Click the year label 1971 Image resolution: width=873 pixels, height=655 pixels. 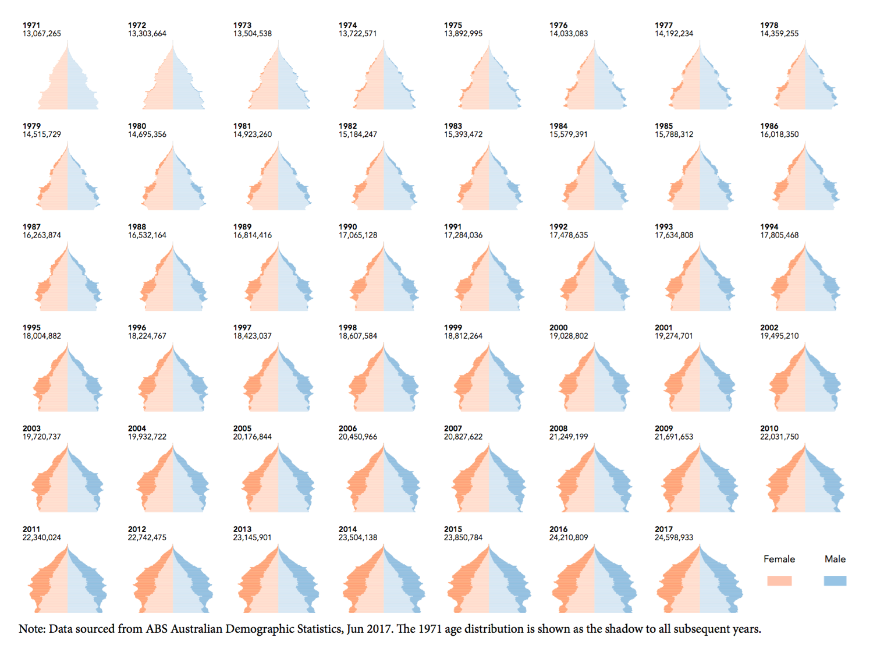31,25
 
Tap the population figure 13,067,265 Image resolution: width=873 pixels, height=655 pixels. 41,34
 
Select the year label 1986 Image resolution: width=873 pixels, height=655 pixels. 769,126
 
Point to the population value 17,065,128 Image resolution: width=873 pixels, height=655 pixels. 358,235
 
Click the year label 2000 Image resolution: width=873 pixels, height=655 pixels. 558,328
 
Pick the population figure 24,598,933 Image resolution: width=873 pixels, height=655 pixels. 674,537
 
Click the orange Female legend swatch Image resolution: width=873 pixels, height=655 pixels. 779,580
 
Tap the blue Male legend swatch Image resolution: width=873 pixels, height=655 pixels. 835,580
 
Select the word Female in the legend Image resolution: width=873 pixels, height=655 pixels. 779,559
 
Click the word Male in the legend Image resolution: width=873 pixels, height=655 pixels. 835,559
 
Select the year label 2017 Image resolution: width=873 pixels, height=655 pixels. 663,529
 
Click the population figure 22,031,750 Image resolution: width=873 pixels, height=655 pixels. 779,437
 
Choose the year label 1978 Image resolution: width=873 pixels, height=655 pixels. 769,25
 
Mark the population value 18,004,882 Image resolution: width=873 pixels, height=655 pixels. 41,336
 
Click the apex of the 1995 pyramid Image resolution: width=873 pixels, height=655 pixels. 68,344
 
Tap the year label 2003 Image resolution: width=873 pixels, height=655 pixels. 31,429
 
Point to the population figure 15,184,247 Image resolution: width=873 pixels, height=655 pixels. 358,134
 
